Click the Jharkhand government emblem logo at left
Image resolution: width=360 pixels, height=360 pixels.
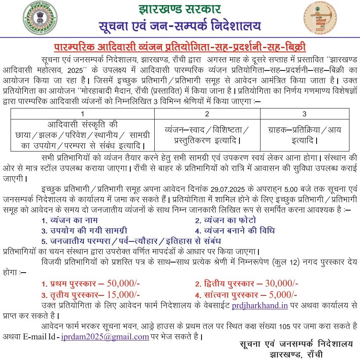[38, 18]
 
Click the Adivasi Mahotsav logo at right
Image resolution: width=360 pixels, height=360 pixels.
[320, 18]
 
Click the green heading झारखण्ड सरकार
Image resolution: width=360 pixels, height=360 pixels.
[179, 9]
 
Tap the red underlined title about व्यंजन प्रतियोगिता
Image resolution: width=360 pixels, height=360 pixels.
[180, 46]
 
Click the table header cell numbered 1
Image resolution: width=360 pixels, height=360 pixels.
[82, 114]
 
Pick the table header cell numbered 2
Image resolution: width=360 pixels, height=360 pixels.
[207, 114]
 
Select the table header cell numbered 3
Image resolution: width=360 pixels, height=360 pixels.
[304, 114]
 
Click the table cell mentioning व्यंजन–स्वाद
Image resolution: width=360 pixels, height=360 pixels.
[207, 134]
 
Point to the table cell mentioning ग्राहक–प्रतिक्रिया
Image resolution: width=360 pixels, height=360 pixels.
[304, 134]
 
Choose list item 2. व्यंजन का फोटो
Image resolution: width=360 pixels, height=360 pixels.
[225, 220]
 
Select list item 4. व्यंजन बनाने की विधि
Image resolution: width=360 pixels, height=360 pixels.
[234, 231]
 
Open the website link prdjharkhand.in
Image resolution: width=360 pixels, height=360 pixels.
[260, 305]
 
